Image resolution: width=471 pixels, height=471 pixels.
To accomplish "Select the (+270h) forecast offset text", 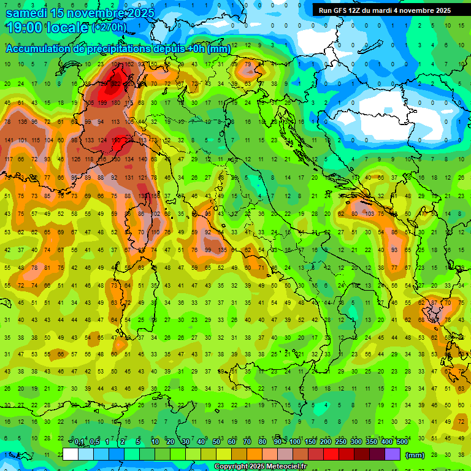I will pos(109,28).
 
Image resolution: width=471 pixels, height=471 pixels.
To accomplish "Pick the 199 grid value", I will pos(102,102).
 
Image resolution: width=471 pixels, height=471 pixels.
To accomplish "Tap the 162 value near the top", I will pos(129,64).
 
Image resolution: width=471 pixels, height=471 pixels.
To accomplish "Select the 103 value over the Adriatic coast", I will pos(369,214).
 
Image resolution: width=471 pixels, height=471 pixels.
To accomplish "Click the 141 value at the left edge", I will pos(9,140).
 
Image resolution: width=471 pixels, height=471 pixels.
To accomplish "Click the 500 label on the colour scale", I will pos(402,442).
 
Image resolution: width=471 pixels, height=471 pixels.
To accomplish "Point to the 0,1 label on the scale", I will pos(79,442).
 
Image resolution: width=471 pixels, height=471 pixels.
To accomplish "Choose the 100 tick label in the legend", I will pos(294,442).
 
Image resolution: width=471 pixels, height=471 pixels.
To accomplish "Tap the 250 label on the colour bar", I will pos(341,442).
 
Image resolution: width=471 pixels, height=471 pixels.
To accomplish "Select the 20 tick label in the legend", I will pos(170,442).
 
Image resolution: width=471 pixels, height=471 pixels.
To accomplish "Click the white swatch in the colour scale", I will pos(70,454).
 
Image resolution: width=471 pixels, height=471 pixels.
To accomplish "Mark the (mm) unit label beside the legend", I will pos(415,455).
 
